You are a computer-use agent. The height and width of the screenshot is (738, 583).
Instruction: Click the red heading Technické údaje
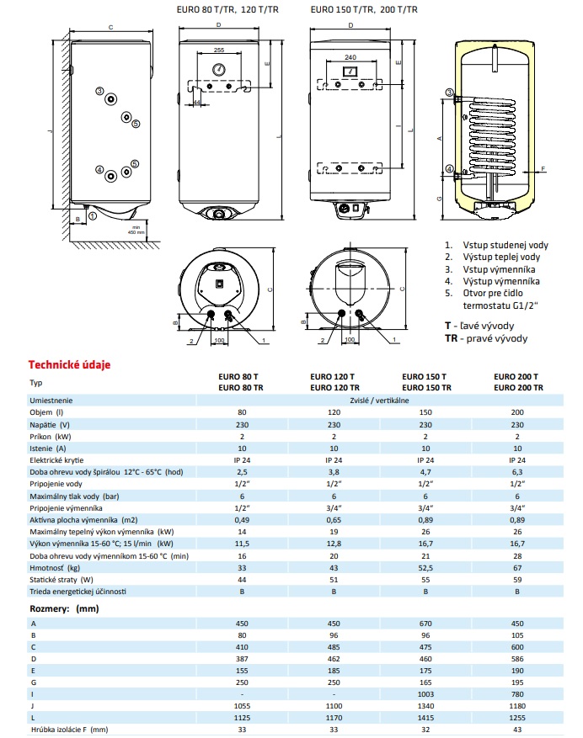click(70, 364)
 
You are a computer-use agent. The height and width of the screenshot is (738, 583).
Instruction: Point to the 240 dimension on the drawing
click(350, 57)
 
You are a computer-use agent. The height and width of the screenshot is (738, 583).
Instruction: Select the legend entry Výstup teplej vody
click(498, 257)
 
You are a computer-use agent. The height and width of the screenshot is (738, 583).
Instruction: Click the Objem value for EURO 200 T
click(518, 413)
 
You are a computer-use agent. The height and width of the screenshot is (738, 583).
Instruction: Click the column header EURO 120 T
click(332, 377)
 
